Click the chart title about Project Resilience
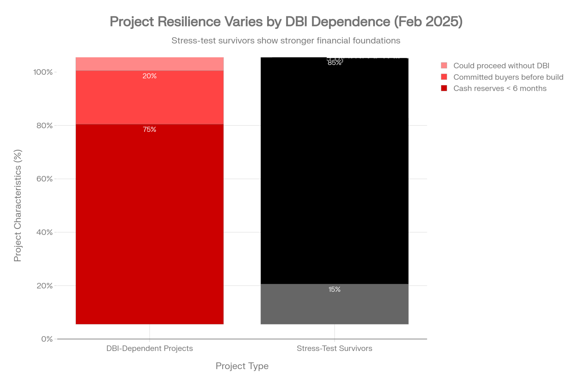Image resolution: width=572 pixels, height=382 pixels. (x=286, y=22)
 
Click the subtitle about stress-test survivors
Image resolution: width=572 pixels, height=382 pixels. (x=286, y=41)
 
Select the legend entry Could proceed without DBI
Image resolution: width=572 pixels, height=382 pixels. (x=501, y=66)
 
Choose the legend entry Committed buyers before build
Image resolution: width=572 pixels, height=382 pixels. (x=508, y=77)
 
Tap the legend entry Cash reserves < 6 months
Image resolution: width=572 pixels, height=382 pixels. (x=500, y=88)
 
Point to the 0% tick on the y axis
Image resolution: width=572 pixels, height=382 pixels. (x=47, y=339)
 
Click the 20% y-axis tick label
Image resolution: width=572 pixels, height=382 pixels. (x=45, y=286)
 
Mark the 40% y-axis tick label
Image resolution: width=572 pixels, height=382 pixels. (x=45, y=232)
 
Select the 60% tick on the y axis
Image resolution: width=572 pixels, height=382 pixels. (x=45, y=179)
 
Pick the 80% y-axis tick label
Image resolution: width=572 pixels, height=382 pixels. (x=45, y=126)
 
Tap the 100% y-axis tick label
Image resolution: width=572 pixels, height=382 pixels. (x=43, y=72)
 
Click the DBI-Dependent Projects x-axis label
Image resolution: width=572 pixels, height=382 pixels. (x=150, y=348)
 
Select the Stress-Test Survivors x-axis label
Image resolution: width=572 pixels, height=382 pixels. (x=334, y=348)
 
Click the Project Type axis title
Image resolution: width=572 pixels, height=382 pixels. (x=242, y=366)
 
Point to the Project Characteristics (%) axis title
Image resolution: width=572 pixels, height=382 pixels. (x=18, y=205)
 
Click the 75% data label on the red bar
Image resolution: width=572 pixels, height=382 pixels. (x=150, y=130)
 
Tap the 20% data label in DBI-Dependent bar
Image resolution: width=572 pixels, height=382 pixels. (x=150, y=76)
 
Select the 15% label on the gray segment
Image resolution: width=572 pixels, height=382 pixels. (x=334, y=289)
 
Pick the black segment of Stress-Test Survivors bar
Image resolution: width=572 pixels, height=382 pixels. (x=334, y=172)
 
